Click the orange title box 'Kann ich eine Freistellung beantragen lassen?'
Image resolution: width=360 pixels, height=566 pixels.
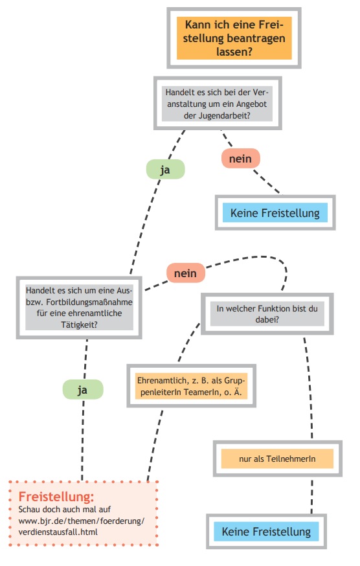tap(234, 38)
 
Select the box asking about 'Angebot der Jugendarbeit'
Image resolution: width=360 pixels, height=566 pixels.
tap(218, 103)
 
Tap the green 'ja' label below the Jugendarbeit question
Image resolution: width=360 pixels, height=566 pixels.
tap(165, 169)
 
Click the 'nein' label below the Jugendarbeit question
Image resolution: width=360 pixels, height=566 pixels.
tap(240, 159)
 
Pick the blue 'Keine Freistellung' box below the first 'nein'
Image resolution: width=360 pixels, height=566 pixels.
tap(275, 212)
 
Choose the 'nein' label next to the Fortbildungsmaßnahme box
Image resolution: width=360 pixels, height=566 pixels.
tap(186, 273)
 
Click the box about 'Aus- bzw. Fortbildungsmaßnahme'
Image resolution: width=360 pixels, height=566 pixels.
tap(79, 308)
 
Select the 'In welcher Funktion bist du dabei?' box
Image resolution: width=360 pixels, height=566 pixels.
tap(267, 314)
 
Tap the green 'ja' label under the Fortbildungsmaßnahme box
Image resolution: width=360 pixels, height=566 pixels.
tap(83, 390)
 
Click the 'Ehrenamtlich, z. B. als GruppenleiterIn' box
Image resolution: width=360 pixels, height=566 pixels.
tap(192, 386)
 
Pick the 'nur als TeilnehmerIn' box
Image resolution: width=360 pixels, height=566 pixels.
tap(277, 458)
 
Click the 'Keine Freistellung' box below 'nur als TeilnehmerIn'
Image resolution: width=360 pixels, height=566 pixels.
tap(267, 531)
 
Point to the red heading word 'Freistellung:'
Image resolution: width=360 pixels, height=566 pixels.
tap(56, 497)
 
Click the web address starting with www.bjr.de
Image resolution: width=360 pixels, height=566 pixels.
tap(81, 521)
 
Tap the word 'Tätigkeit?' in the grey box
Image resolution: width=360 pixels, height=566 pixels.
tap(79, 324)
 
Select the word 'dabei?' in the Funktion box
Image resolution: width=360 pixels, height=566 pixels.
tap(267, 319)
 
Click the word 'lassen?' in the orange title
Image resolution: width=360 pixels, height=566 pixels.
tap(234, 52)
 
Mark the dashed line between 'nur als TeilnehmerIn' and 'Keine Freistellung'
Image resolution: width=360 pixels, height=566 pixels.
tap(312, 495)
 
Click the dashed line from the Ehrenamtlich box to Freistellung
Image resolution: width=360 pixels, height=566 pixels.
tap(155, 445)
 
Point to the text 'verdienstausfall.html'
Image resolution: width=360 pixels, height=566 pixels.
tap(58, 532)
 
